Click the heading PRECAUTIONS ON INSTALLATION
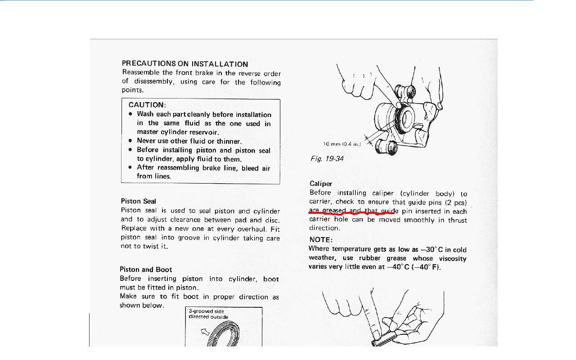(x=185, y=64)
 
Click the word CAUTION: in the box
(x=147, y=105)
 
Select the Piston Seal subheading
(x=139, y=201)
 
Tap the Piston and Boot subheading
(x=146, y=270)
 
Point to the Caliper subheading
(x=321, y=184)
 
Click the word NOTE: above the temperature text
(x=321, y=240)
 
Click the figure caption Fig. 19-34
(x=327, y=159)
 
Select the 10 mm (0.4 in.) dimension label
(x=342, y=144)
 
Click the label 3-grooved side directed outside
(x=208, y=314)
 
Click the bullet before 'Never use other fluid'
(x=130, y=141)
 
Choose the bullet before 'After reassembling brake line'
(x=130, y=167)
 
